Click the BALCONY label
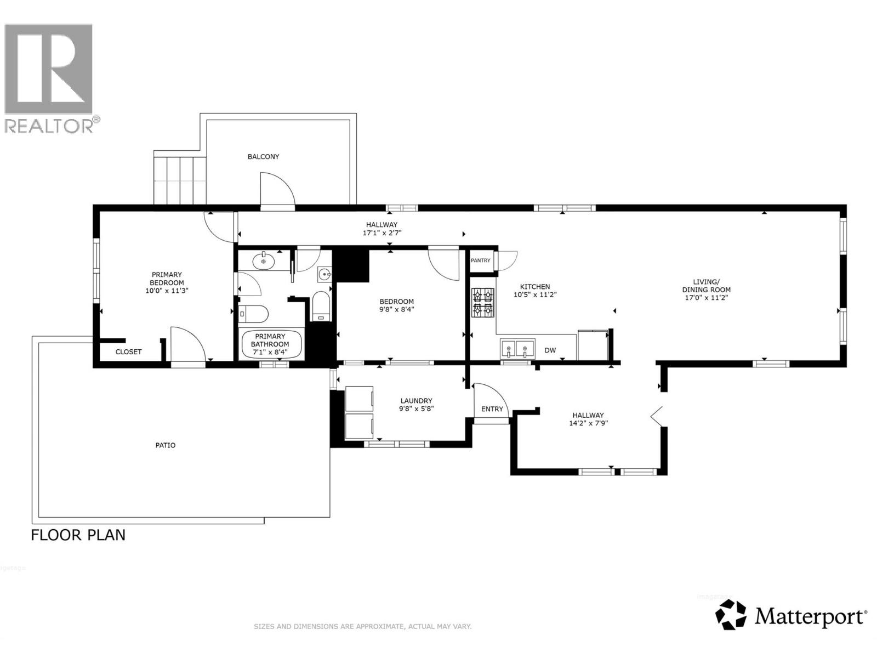point(263,157)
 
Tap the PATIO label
point(165,445)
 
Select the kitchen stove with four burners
point(483,303)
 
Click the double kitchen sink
point(517,348)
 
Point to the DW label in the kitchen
point(550,350)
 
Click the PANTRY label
point(481,260)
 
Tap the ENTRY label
point(492,409)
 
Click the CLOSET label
point(128,352)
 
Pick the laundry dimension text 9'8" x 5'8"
point(417,409)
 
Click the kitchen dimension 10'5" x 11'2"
point(535,294)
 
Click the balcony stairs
point(180,179)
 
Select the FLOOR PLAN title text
point(78,535)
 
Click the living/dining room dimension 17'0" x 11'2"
point(706,298)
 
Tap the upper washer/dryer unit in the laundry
point(360,399)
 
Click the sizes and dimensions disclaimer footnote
point(362,626)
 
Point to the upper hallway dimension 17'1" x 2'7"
point(382,232)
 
